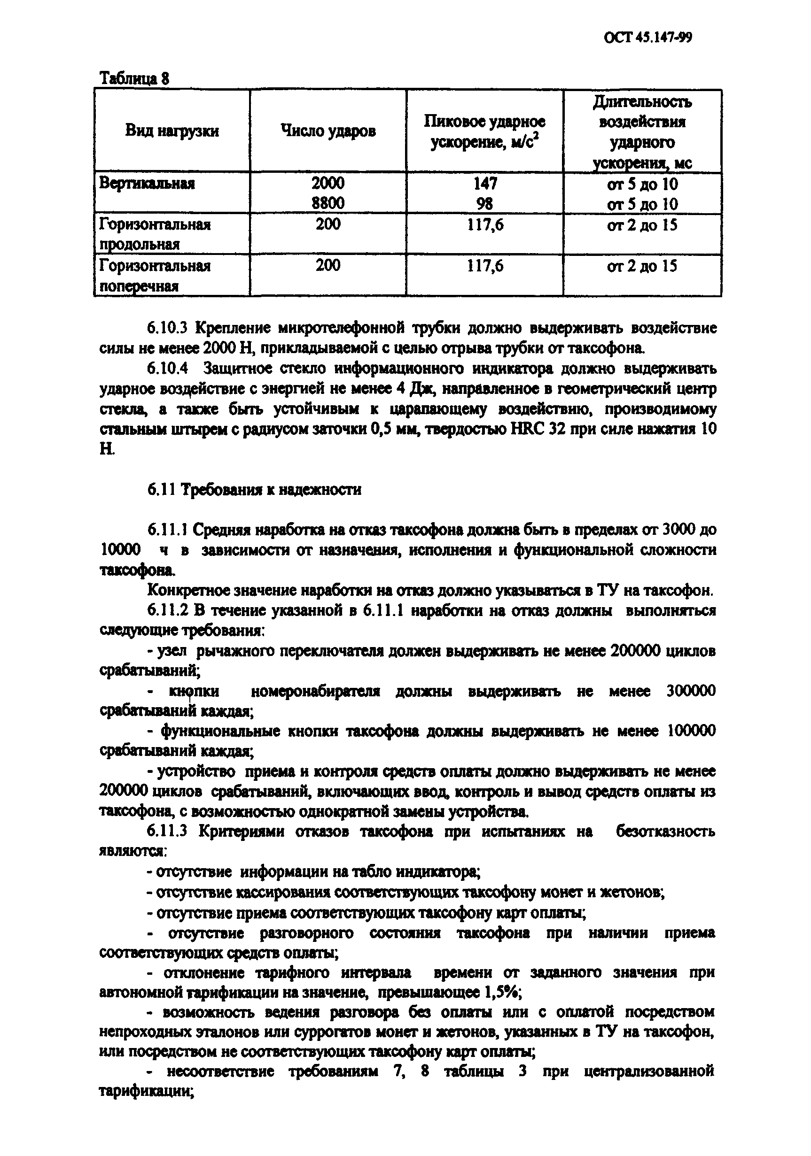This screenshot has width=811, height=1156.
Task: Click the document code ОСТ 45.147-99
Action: tap(647, 38)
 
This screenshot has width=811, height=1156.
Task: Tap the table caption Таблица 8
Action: tap(134, 78)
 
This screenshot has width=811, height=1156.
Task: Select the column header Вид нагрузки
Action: tap(172, 131)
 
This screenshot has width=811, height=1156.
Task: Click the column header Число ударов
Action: tap(328, 131)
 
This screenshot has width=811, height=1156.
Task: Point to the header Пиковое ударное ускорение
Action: tap(484, 132)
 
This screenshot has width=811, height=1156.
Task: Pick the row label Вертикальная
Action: tap(147, 183)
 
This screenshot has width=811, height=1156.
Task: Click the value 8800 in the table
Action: tap(328, 203)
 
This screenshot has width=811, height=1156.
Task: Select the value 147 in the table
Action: tap(484, 183)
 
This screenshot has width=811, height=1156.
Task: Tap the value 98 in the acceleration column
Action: tap(484, 203)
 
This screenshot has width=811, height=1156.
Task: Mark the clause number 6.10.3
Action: tap(167, 328)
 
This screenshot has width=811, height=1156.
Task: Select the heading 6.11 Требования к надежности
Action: tap(254, 489)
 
